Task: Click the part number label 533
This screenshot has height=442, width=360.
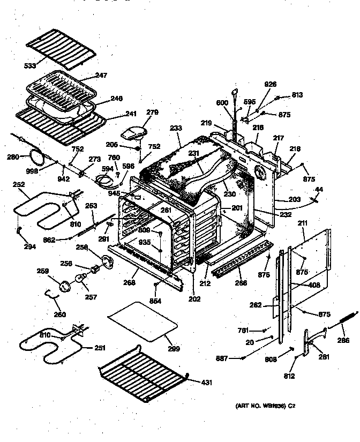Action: (30, 66)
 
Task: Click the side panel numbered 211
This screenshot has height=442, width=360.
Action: (316, 252)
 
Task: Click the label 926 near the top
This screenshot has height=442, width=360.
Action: (271, 84)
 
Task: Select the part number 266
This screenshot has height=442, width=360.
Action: (241, 283)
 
